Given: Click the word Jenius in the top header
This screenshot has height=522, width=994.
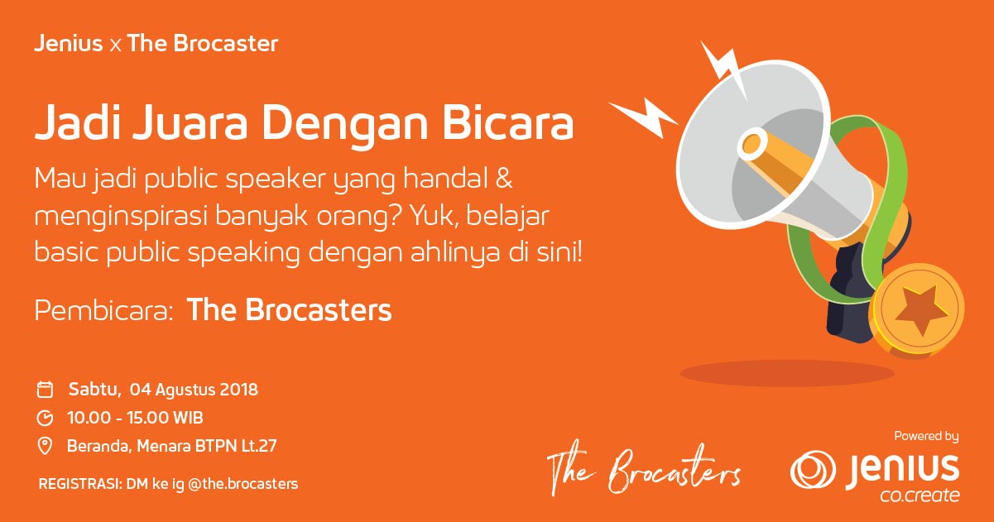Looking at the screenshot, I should [x=68, y=45].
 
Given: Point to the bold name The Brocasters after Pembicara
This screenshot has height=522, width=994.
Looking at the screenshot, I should [x=289, y=311].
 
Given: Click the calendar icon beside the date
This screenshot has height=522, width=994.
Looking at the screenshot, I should [x=46, y=390].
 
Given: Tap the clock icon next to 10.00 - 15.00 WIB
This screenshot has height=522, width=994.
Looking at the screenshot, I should [x=46, y=418].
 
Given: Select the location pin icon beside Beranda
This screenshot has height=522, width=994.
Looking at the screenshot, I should [x=46, y=447].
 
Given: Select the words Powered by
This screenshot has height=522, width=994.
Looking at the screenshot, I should [x=926, y=436].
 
